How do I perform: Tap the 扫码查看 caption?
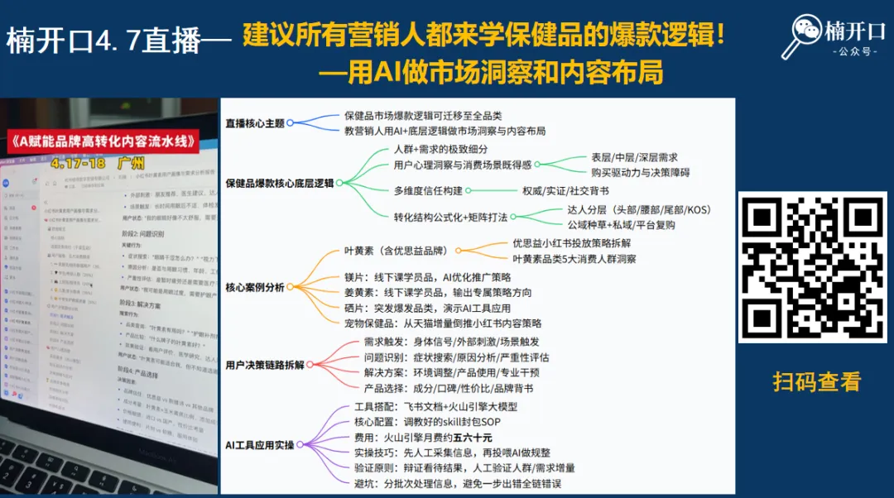816,381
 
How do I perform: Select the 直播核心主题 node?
255,123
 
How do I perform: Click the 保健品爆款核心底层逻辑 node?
279,183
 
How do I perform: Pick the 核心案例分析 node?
255,287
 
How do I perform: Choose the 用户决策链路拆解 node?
265,365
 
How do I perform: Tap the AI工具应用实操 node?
260,445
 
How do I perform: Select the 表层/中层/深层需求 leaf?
634,157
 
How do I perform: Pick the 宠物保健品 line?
443,323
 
